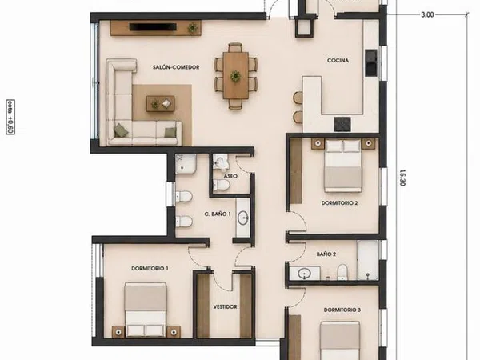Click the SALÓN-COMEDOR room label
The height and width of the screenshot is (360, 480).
click(x=176, y=67)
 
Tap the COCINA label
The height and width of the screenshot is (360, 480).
click(x=338, y=61)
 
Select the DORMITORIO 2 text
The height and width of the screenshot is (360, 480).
click(x=339, y=203)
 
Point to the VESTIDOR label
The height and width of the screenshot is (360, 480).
click(x=226, y=306)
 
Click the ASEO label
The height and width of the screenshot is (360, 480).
click(x=230, y=176)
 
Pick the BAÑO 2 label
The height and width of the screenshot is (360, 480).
click(x=326, y=254)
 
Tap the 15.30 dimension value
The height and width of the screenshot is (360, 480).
click(x=402, y=178)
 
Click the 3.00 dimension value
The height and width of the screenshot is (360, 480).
click(x=427, y=14)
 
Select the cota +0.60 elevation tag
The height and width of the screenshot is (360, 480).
click(x=10, y=117)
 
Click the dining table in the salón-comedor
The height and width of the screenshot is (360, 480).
click(x=235, y=75)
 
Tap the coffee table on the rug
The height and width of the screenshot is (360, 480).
click(x=161, y=103)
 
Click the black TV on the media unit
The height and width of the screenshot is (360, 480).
click(x=153, y=27)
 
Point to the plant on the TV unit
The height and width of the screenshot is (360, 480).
click(x=193, y=28)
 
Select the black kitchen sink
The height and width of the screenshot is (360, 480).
click(x=371, y=62)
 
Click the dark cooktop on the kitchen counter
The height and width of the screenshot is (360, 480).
click(x=342, y=124)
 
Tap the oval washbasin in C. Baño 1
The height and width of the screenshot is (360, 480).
click(x=243, y=218)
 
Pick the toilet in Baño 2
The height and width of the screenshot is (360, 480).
click(x=342, y=272)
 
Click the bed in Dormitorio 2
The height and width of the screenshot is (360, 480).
click(x=343, y=166)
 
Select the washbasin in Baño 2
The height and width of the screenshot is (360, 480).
click(x=305, y=274)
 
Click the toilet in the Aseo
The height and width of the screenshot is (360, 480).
click(x=222, y=185)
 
